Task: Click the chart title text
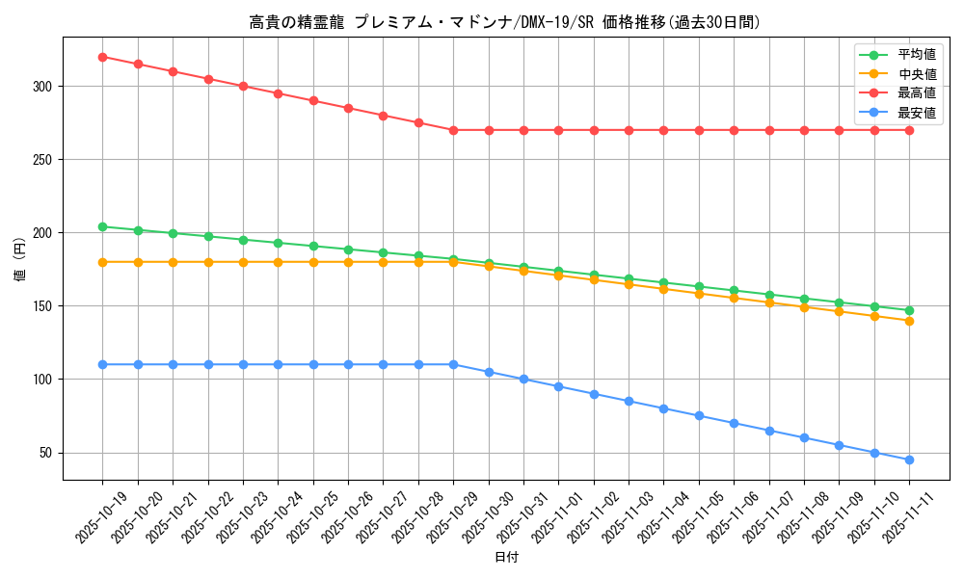504,22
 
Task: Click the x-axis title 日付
506,558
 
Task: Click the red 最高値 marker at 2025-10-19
102,57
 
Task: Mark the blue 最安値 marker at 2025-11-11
909,460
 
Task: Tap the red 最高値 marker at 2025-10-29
453,130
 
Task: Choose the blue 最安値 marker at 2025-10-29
453,364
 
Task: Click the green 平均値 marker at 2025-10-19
102,226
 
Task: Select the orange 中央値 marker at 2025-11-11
909,321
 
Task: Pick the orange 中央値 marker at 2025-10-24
278,262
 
